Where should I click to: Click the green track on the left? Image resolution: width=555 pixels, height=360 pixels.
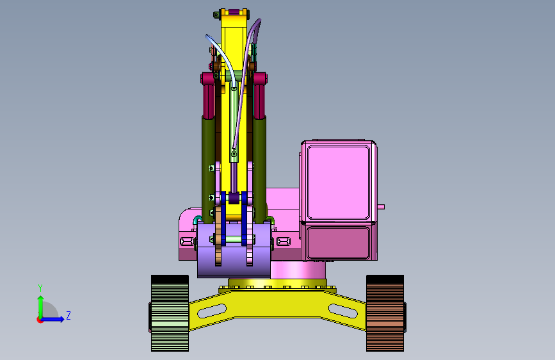[x=170, y=313]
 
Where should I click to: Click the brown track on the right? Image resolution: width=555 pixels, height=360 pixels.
[x=385, y=313]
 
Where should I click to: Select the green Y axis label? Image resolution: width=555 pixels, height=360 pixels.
[x=40, y=288]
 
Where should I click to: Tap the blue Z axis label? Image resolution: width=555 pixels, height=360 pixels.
[x=68, y=315]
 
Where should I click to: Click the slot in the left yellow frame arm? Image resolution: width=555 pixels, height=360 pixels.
[x=212, y=311]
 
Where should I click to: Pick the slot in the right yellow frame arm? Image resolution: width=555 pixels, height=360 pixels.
[x=343, y=311]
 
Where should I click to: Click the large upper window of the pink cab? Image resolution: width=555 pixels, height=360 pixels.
[x=339, y=183]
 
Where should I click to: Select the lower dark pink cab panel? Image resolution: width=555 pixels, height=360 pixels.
[x=339, y=243]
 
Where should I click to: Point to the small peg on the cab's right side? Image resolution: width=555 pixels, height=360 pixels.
[x=381, y=206]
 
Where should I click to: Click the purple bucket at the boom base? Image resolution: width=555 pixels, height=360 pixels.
[x=234, y=249]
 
